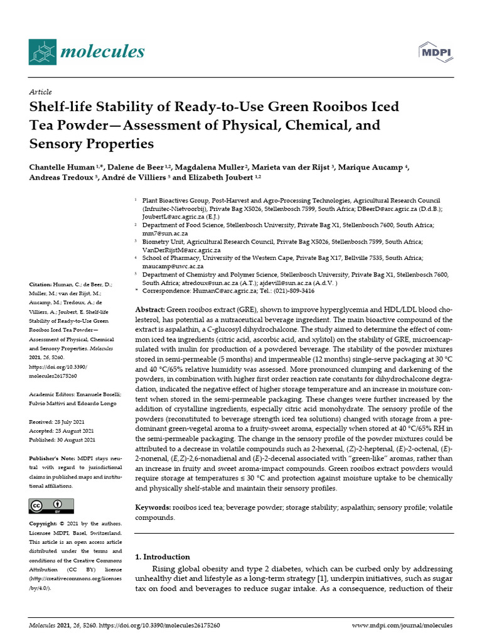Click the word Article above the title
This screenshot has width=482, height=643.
click(x=41, y=92)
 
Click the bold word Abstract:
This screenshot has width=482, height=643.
click(x=151, y=311)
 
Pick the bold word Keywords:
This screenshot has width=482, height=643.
click(x=154, y=507)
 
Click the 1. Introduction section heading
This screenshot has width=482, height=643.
click(x=163, y=557)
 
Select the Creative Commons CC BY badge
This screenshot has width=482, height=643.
click(x=51, y=505)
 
